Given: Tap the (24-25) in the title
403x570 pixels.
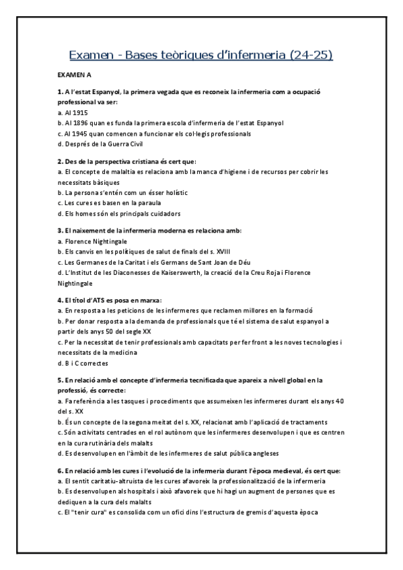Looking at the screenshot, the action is pyautogui.click(x=310, y=54).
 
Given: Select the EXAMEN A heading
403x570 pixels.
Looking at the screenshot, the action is pyautogui.click(x=74, y=76).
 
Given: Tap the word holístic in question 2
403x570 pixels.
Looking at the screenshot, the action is pyautogui.click(x=174, y=193).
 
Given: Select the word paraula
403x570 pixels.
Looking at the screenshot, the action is pyautogui.click(x=128, y=203).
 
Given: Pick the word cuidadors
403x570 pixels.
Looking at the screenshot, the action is pyautogui.click(x=161, y=214).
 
